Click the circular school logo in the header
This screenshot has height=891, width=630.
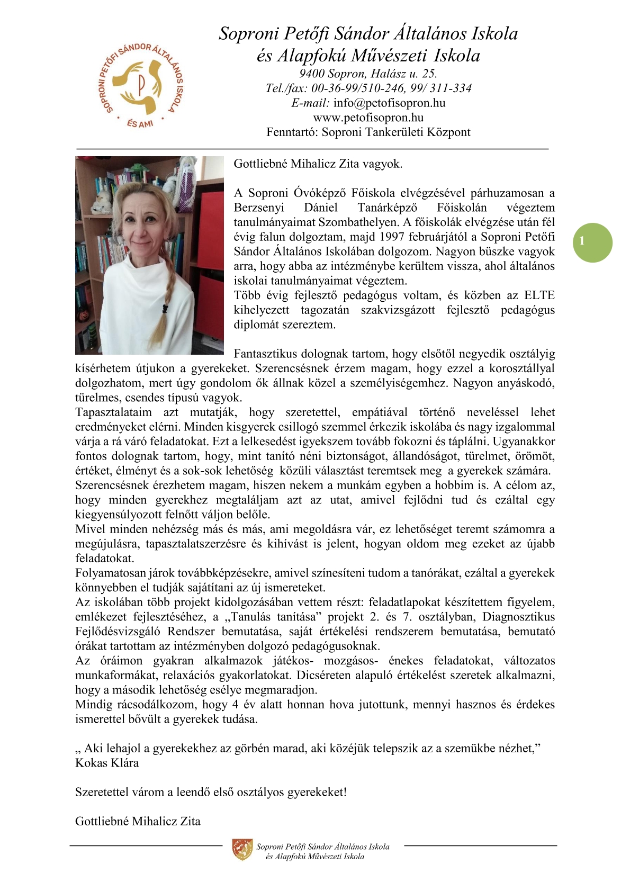pyautogui.click(x=141, y=85)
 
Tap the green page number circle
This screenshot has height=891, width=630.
pyautogui.click(x=592, y=242)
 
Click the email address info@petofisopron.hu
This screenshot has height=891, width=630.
pyautogui.click(x=389, y=103)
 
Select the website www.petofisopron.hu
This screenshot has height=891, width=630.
pyautogui.click(x=368, y=118)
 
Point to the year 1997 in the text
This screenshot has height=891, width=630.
pyautogui.click(x=392, y=237)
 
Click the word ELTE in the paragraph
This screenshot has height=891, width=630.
pyautogui.click(x=539, y=295)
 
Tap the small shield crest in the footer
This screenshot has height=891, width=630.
pyautogui.click(x=242, y=849)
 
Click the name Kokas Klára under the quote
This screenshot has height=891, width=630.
pyautogui.click(x=107, y=763)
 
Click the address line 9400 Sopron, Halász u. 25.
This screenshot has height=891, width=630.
pyautogui.click(x=368, y=74)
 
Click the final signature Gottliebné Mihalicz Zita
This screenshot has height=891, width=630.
pyautogui.click(x=138, y=821)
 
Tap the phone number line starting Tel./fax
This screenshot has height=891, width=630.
pyautogui.click(x=368, y=88)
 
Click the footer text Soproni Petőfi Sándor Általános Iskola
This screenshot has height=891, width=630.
pyautogui.click(x=322, y=847)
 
